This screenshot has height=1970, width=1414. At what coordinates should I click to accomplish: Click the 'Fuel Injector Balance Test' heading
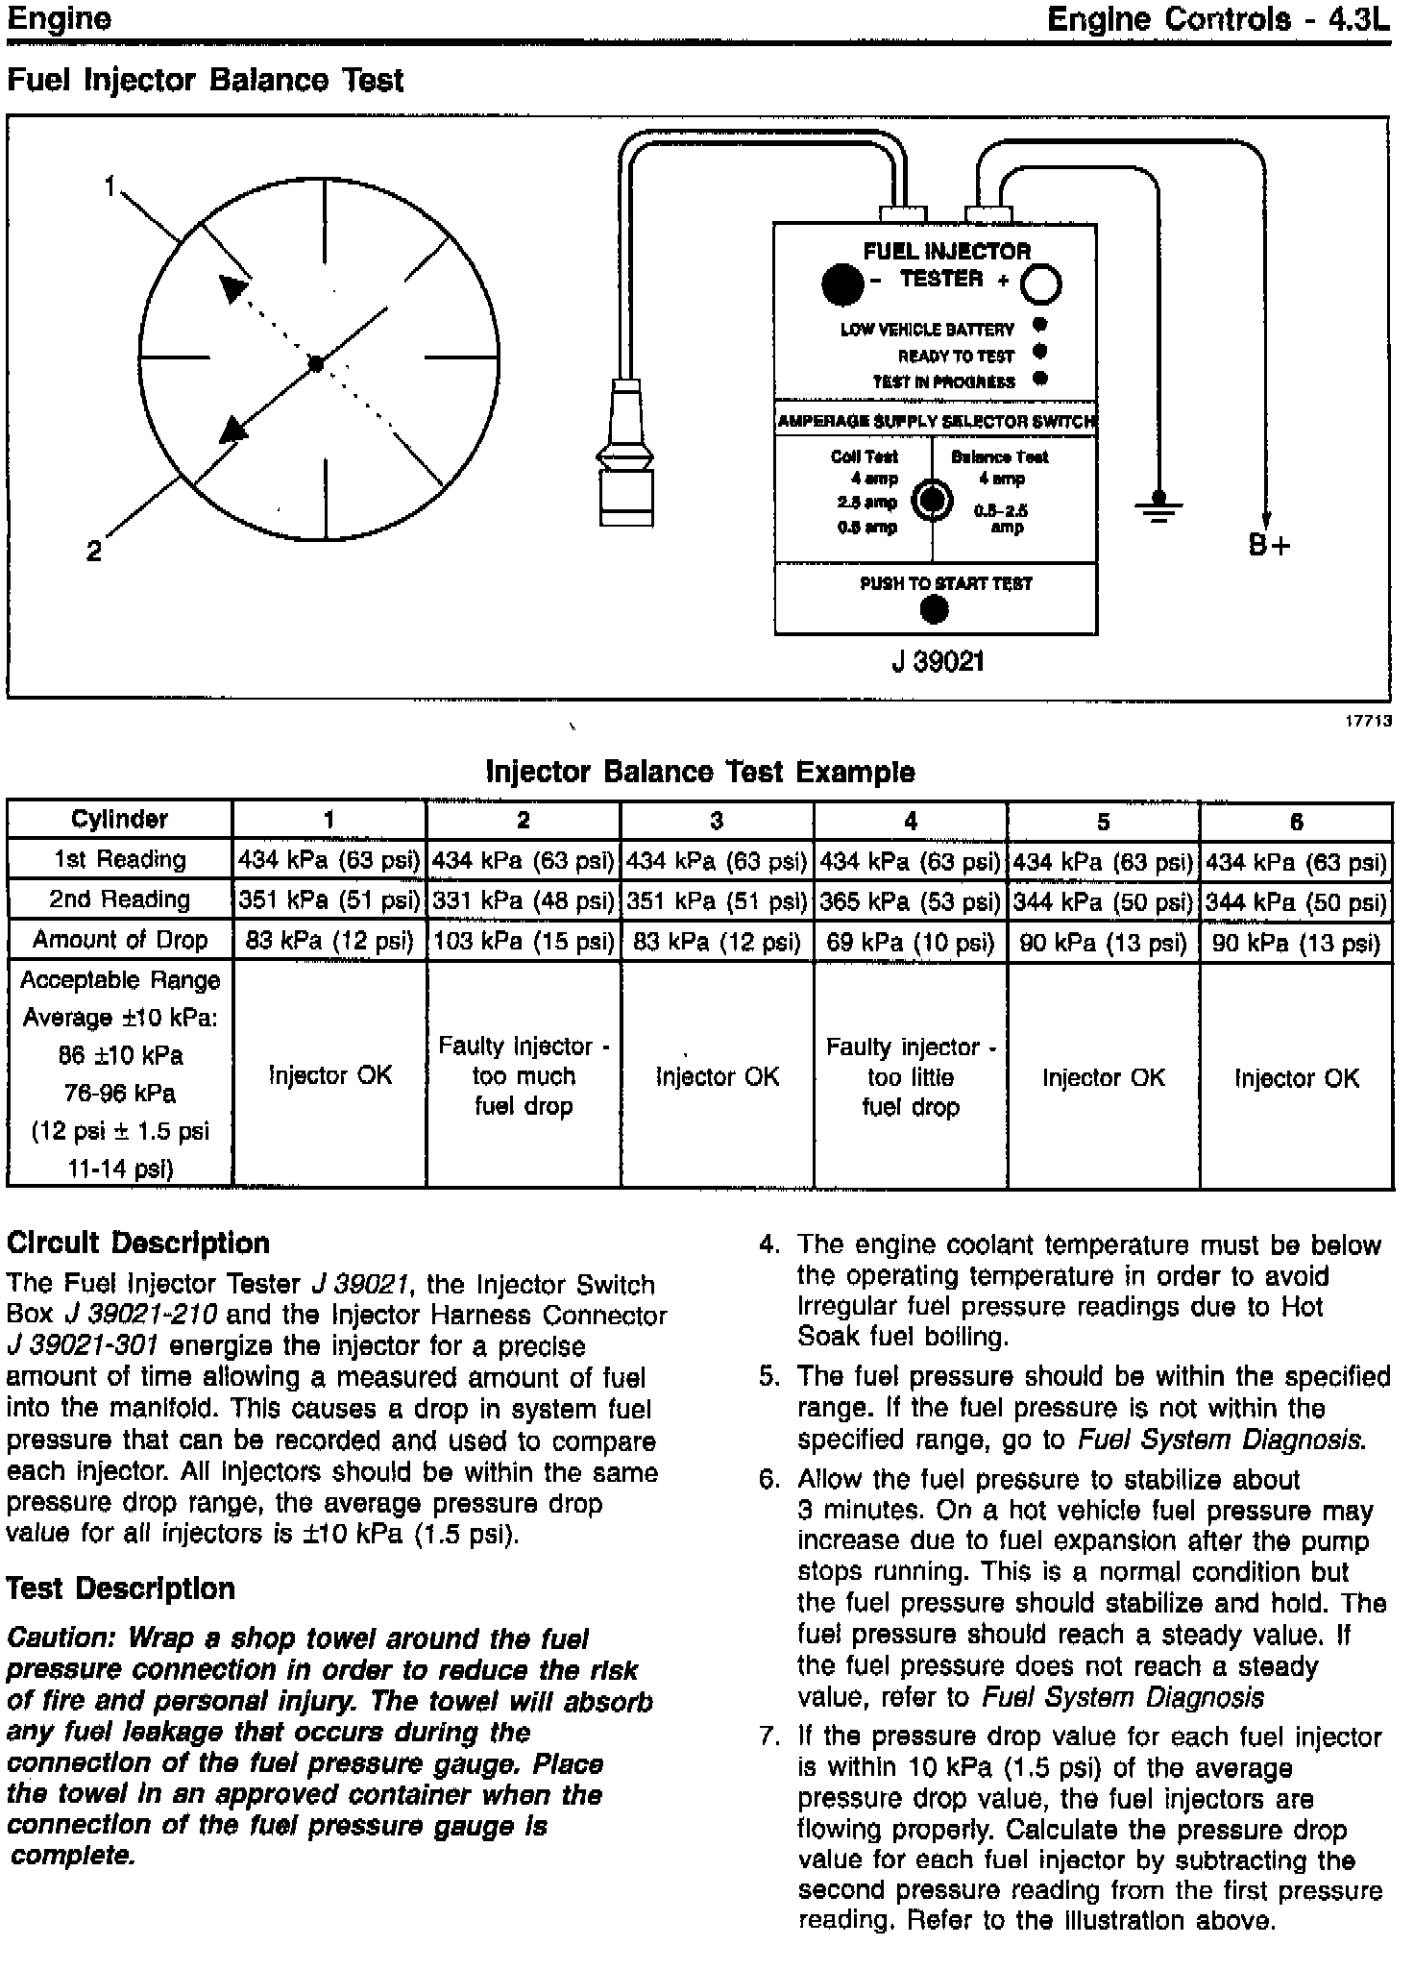pos(205,80)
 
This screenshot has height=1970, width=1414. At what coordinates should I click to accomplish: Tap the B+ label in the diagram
pos(1269,546)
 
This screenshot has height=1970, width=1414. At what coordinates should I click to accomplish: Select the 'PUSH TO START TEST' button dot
pos(934,609)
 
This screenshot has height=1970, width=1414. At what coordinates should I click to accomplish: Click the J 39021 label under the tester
pos(937,662)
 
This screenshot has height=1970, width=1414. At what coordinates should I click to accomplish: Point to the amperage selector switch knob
pos(932,500)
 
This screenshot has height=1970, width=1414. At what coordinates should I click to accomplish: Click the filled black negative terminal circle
pos(842,283)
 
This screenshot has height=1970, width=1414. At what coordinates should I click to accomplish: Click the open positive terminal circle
pos(1040,284)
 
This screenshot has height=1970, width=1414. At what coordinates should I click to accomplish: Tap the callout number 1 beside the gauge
pos(110,185)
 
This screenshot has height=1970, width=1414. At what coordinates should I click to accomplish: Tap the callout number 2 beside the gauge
pos(93,551)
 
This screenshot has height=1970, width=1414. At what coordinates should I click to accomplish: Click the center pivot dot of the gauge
pos(316,363)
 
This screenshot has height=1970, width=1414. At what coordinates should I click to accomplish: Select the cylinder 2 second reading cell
pos(524,901)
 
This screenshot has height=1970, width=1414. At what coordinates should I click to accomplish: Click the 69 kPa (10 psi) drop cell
pos(910,942)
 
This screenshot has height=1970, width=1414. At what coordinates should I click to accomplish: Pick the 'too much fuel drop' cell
pos(524,1075)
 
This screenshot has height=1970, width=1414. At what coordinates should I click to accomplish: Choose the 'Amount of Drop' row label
pos(120,940)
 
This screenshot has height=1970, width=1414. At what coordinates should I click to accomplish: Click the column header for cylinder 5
pos(1103,822)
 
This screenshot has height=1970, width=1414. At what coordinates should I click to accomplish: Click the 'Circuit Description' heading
pos(138,1244)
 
